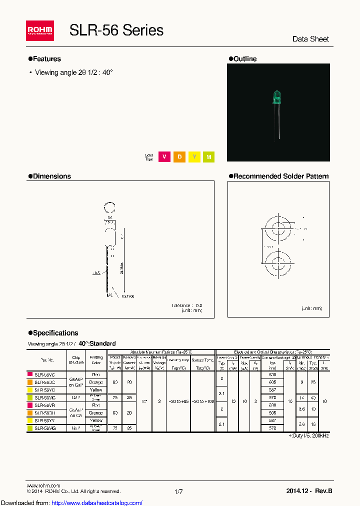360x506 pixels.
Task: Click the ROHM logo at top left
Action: [x=40, y=31]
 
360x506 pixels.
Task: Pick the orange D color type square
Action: [x=179, y=157]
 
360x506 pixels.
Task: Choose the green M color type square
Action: [x=209, y=157]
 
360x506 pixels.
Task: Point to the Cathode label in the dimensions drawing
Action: [x=128, y=296]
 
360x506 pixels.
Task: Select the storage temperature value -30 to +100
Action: [x=202, y=401]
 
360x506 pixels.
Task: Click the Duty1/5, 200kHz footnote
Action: [x=309, y=436]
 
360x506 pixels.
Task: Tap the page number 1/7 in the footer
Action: [x=178, y=492]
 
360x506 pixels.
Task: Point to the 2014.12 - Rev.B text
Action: [x=309, y=492]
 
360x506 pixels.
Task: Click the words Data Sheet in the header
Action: [x=310, y=39]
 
